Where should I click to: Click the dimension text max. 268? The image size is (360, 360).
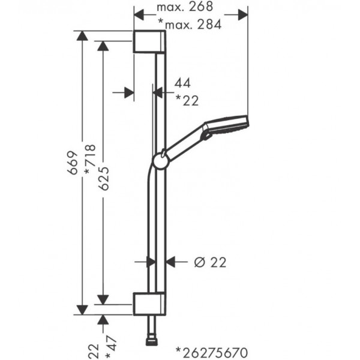pos(185,7)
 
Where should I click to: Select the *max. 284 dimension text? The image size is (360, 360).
pos(190,24)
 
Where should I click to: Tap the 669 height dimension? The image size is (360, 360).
pos(73,163)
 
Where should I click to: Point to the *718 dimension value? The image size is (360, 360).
pos(90,159)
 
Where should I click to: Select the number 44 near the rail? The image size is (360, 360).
pos(182,83)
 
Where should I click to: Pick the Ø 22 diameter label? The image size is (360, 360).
pos(211,262)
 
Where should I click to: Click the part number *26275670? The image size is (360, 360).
pos(212,352)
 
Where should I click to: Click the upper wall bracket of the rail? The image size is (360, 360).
pos(149,41)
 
